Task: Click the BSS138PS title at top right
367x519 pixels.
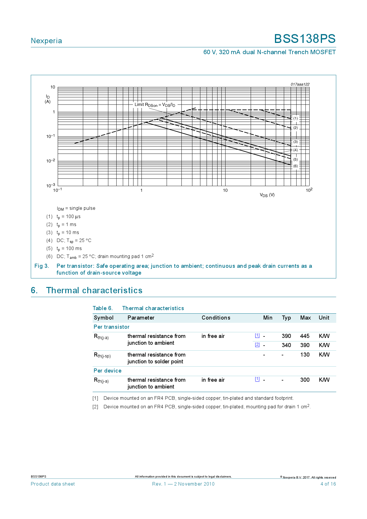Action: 305,39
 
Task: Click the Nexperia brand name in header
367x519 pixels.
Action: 46,41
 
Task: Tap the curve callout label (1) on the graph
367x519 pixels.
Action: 295,118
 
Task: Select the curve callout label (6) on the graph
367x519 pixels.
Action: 295,166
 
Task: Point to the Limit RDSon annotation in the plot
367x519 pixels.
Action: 154,105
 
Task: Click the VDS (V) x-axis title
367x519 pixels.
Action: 267,195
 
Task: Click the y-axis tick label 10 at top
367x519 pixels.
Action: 53,87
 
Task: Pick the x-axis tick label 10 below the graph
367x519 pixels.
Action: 225,190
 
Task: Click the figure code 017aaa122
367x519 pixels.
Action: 300,84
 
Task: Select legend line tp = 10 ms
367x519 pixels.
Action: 68,233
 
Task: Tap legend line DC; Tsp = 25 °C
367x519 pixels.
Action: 74,241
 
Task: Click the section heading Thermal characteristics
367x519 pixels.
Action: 94,290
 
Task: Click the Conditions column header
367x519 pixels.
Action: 216,318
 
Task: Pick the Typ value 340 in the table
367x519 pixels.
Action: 286,345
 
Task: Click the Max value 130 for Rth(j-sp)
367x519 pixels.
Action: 305,355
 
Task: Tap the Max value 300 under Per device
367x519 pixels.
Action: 305,380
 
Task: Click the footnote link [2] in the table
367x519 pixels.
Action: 257,344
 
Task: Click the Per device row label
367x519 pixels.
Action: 107,371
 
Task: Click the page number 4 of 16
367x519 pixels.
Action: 328,484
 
